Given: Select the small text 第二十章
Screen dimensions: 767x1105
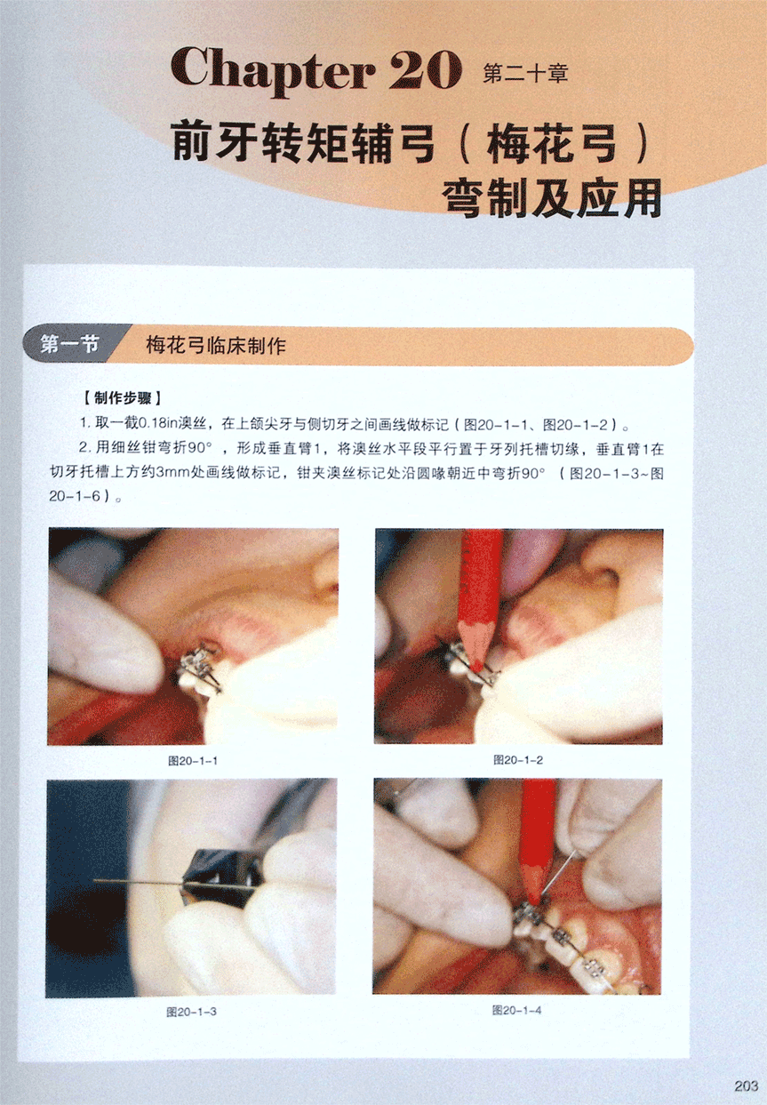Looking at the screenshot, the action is click(525, 74).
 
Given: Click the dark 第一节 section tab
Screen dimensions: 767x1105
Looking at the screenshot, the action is click(69, 344).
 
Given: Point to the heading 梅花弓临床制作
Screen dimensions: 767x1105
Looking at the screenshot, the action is click(216, 345).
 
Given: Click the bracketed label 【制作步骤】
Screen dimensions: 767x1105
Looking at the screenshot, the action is click(123, 398).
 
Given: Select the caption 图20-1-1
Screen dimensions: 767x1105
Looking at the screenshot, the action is click(192, 761).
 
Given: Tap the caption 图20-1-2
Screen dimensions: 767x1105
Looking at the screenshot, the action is click(518, 760).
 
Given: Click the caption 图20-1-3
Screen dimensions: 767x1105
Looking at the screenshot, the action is click(191, 1012).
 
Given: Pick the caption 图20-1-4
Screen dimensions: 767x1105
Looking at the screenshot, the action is click(517, 1010).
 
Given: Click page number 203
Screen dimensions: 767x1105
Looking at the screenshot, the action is click(746, 1085).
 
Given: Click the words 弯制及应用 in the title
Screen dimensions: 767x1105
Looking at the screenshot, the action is click(552, 199).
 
